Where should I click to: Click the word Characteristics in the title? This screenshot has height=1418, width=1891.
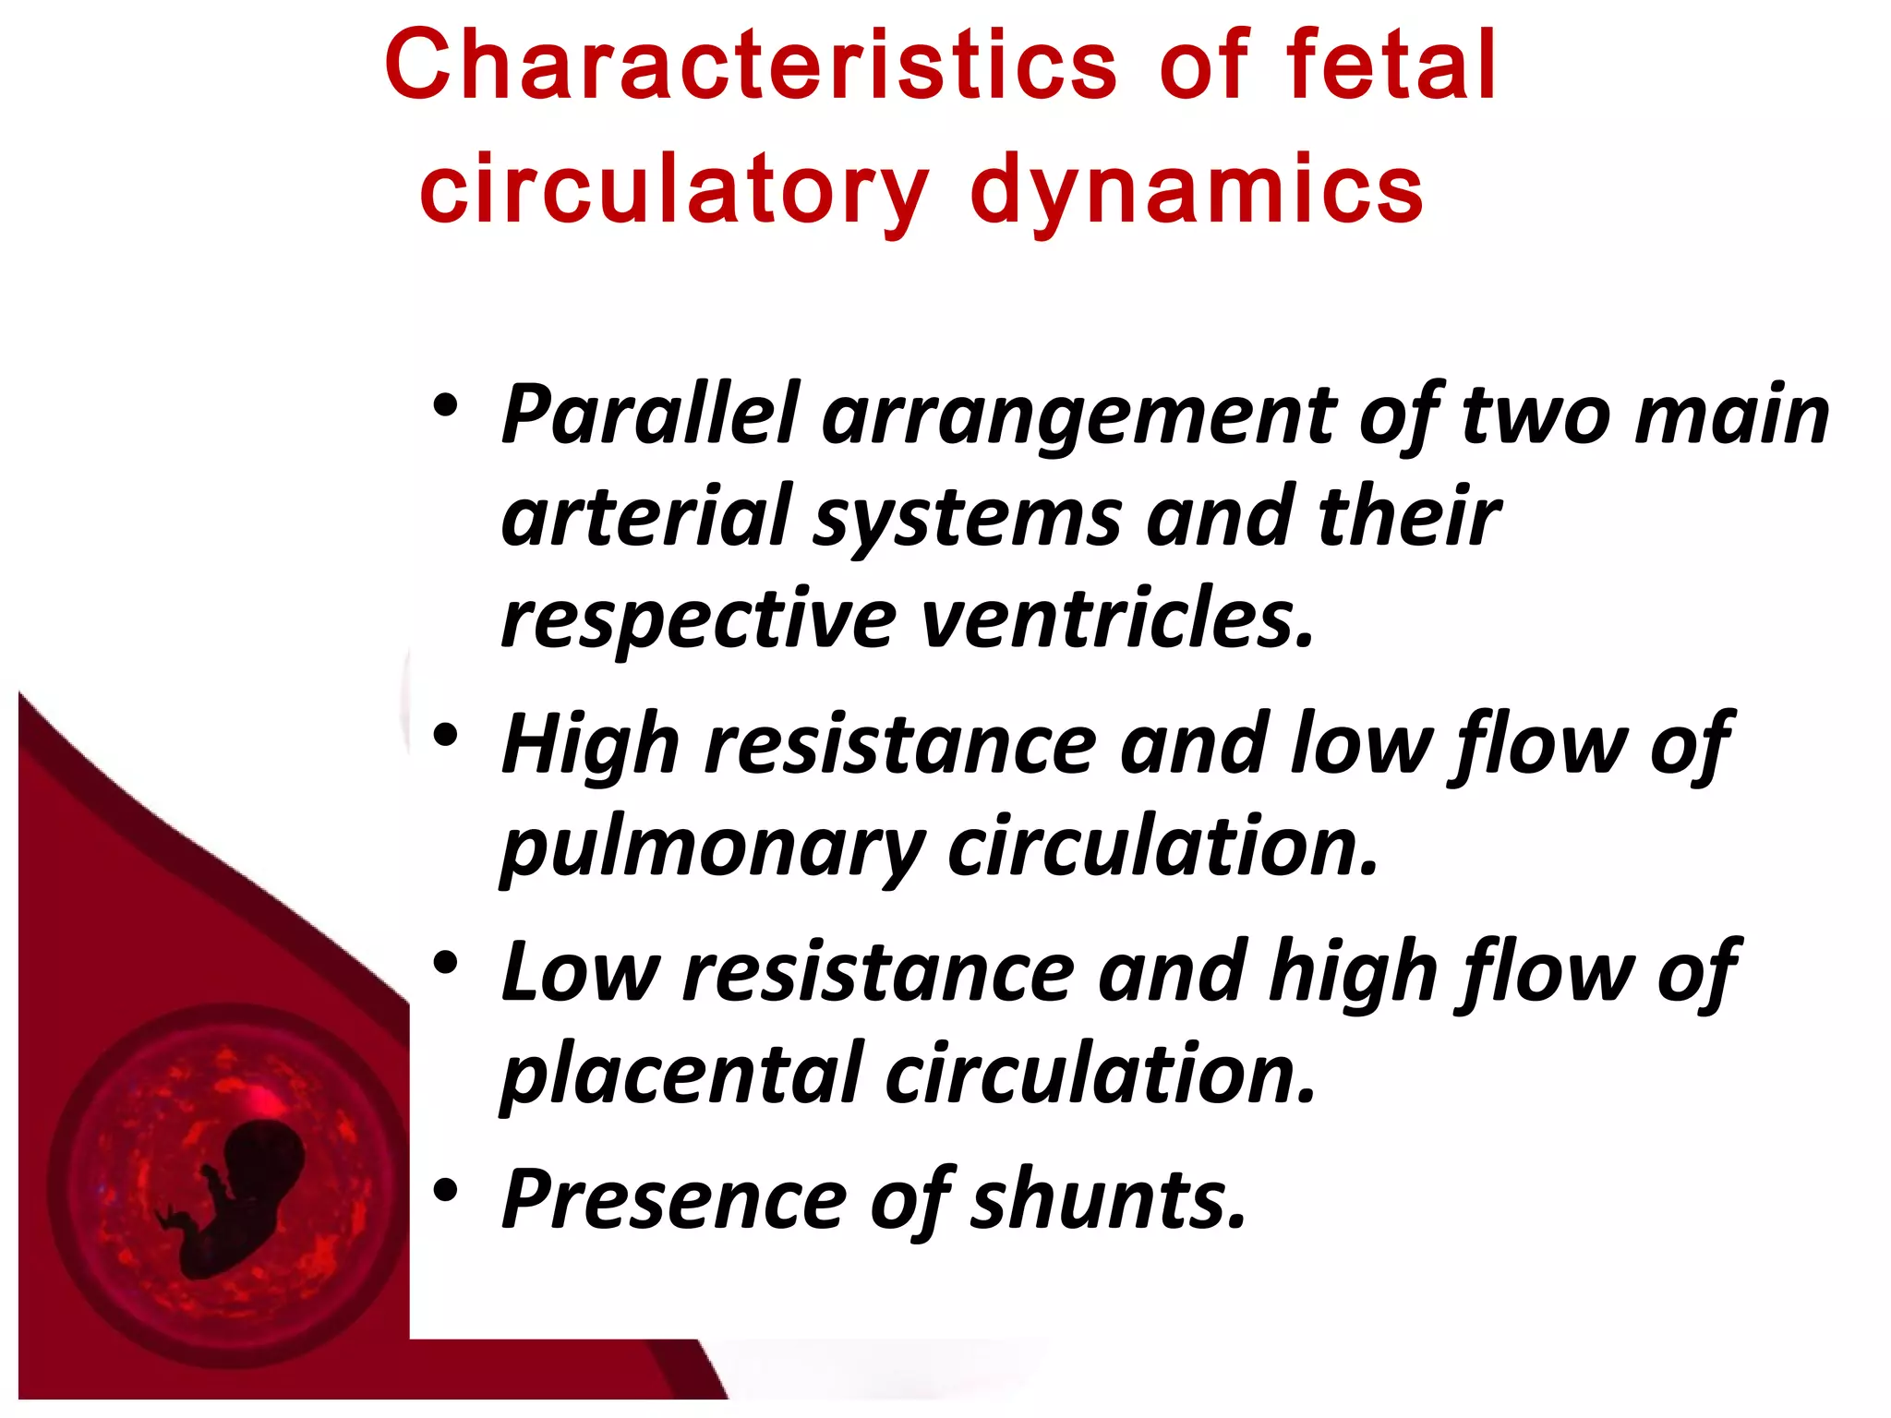click(x=750, y=66)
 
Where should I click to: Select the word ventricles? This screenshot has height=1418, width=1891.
click(x=1117, y=620)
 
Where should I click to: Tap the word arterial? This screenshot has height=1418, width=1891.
click(x=644, y=517)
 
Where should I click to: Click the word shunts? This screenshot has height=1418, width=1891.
click(x=1108, y=1200)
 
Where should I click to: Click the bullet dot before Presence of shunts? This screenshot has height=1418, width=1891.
click(x=445, y=1191)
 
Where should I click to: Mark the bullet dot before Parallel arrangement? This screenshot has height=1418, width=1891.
click(x=445, y=405)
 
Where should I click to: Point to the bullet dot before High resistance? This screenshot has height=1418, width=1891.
click(x=445, y=736)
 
